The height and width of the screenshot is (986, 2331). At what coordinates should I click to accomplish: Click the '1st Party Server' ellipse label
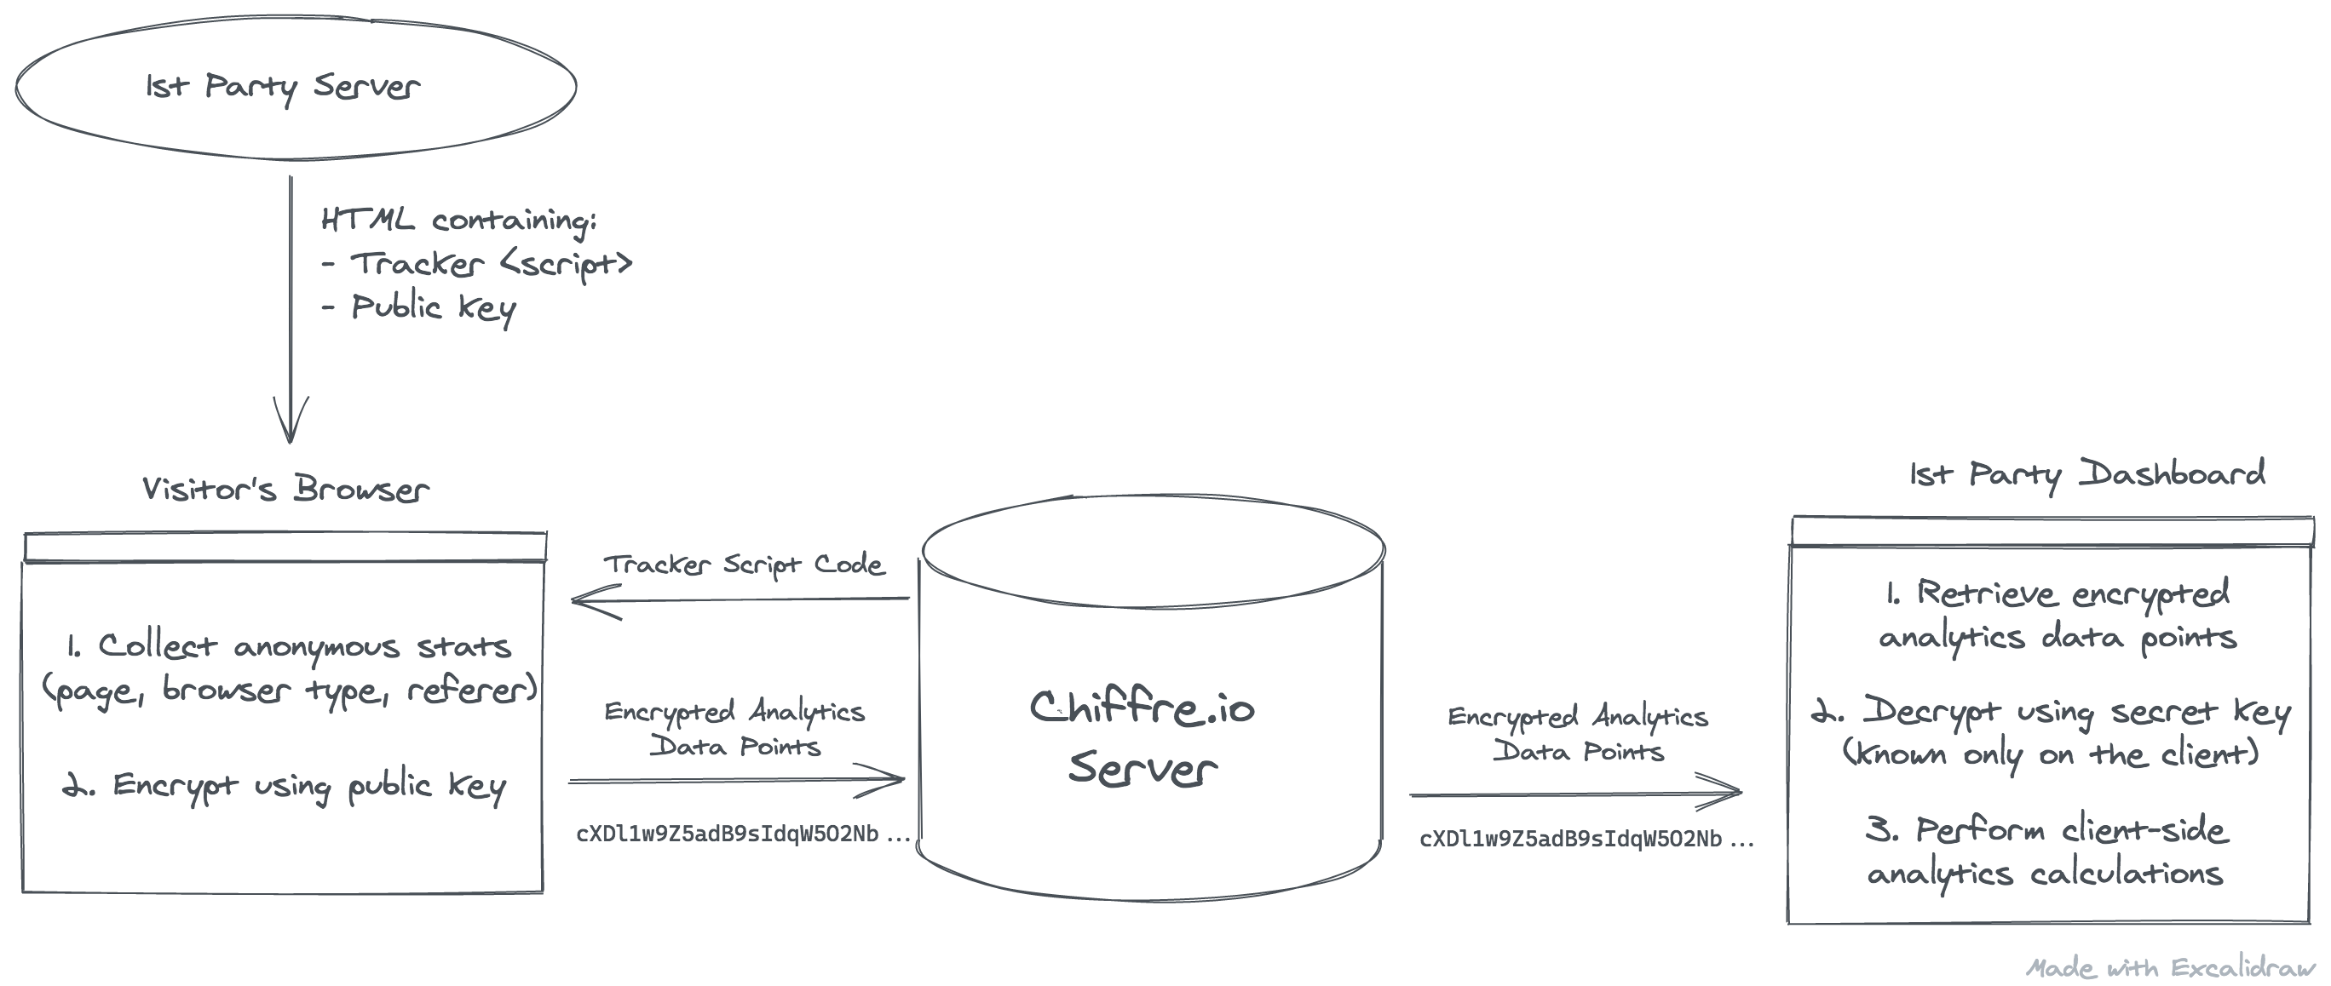click(282, 87)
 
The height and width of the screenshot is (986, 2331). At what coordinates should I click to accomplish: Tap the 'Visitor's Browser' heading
click(285, 490)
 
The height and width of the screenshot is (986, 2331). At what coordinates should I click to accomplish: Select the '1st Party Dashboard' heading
click(2086, 474)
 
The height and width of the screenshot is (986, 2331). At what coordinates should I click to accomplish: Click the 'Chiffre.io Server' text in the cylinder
click(1142, 737)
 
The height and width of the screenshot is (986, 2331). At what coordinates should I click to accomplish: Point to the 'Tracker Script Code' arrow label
click(744, 565)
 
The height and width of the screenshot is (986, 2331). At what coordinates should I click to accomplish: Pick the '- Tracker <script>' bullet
click(477, 264)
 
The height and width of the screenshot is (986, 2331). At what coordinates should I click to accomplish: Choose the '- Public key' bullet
click(419, 308)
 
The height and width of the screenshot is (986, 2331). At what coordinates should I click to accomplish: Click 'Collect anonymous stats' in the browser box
click(304, 647)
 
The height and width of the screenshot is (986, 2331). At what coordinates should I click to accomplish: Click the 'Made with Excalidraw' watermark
click(2170, 968)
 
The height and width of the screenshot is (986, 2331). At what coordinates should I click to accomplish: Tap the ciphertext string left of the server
click(742, 834)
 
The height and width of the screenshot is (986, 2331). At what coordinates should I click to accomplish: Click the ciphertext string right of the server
click(1586, 840)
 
